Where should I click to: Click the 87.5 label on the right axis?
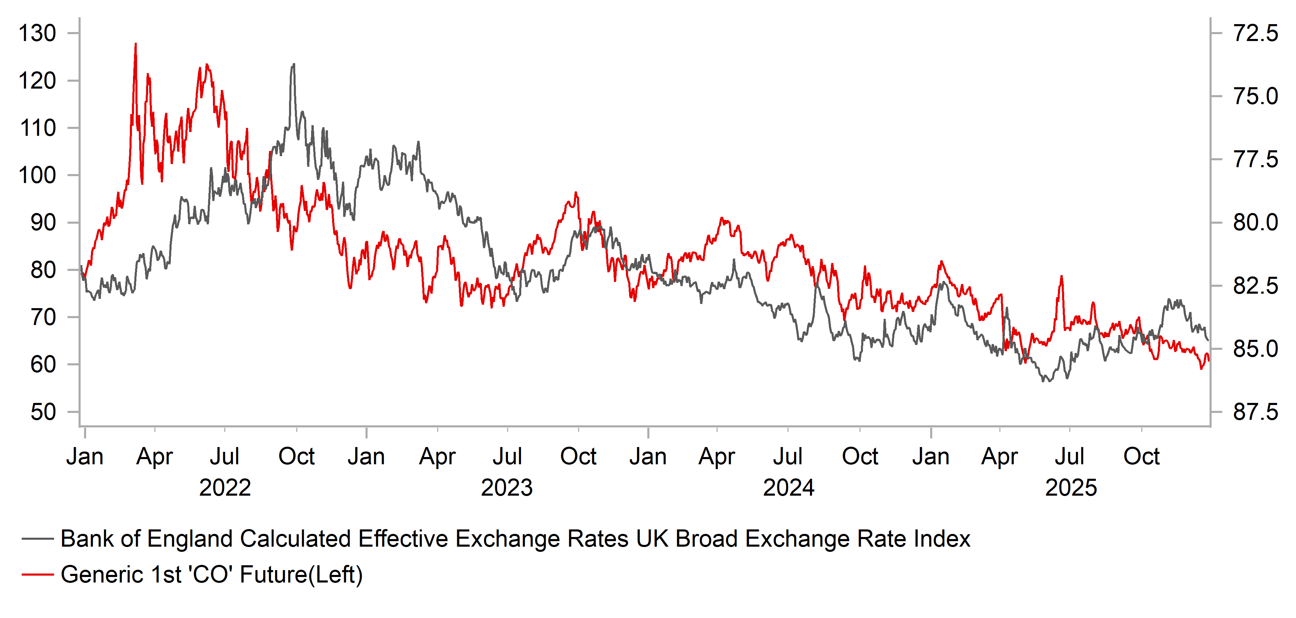pyautogui.click(x=1255, y=412)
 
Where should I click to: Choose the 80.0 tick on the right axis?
pyautogui.click(x=1255, y=222)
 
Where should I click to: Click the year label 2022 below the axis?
pyautogui.click(x=225, y=488)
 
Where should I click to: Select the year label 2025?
pyautogui.click(x=1071, y=488)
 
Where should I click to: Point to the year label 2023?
pyautogui.click(x=507, y=488)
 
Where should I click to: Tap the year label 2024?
pyautogui.click(x=788, y=488)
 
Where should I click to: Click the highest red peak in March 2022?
pyautogui.click(x=135, y=44)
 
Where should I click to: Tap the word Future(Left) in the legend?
pyautogui.click(x=301, y=574)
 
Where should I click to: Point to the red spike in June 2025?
pyautogui.click(x=1061, y=276)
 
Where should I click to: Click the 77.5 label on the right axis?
pyautogui.click(x=1255, y=160)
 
